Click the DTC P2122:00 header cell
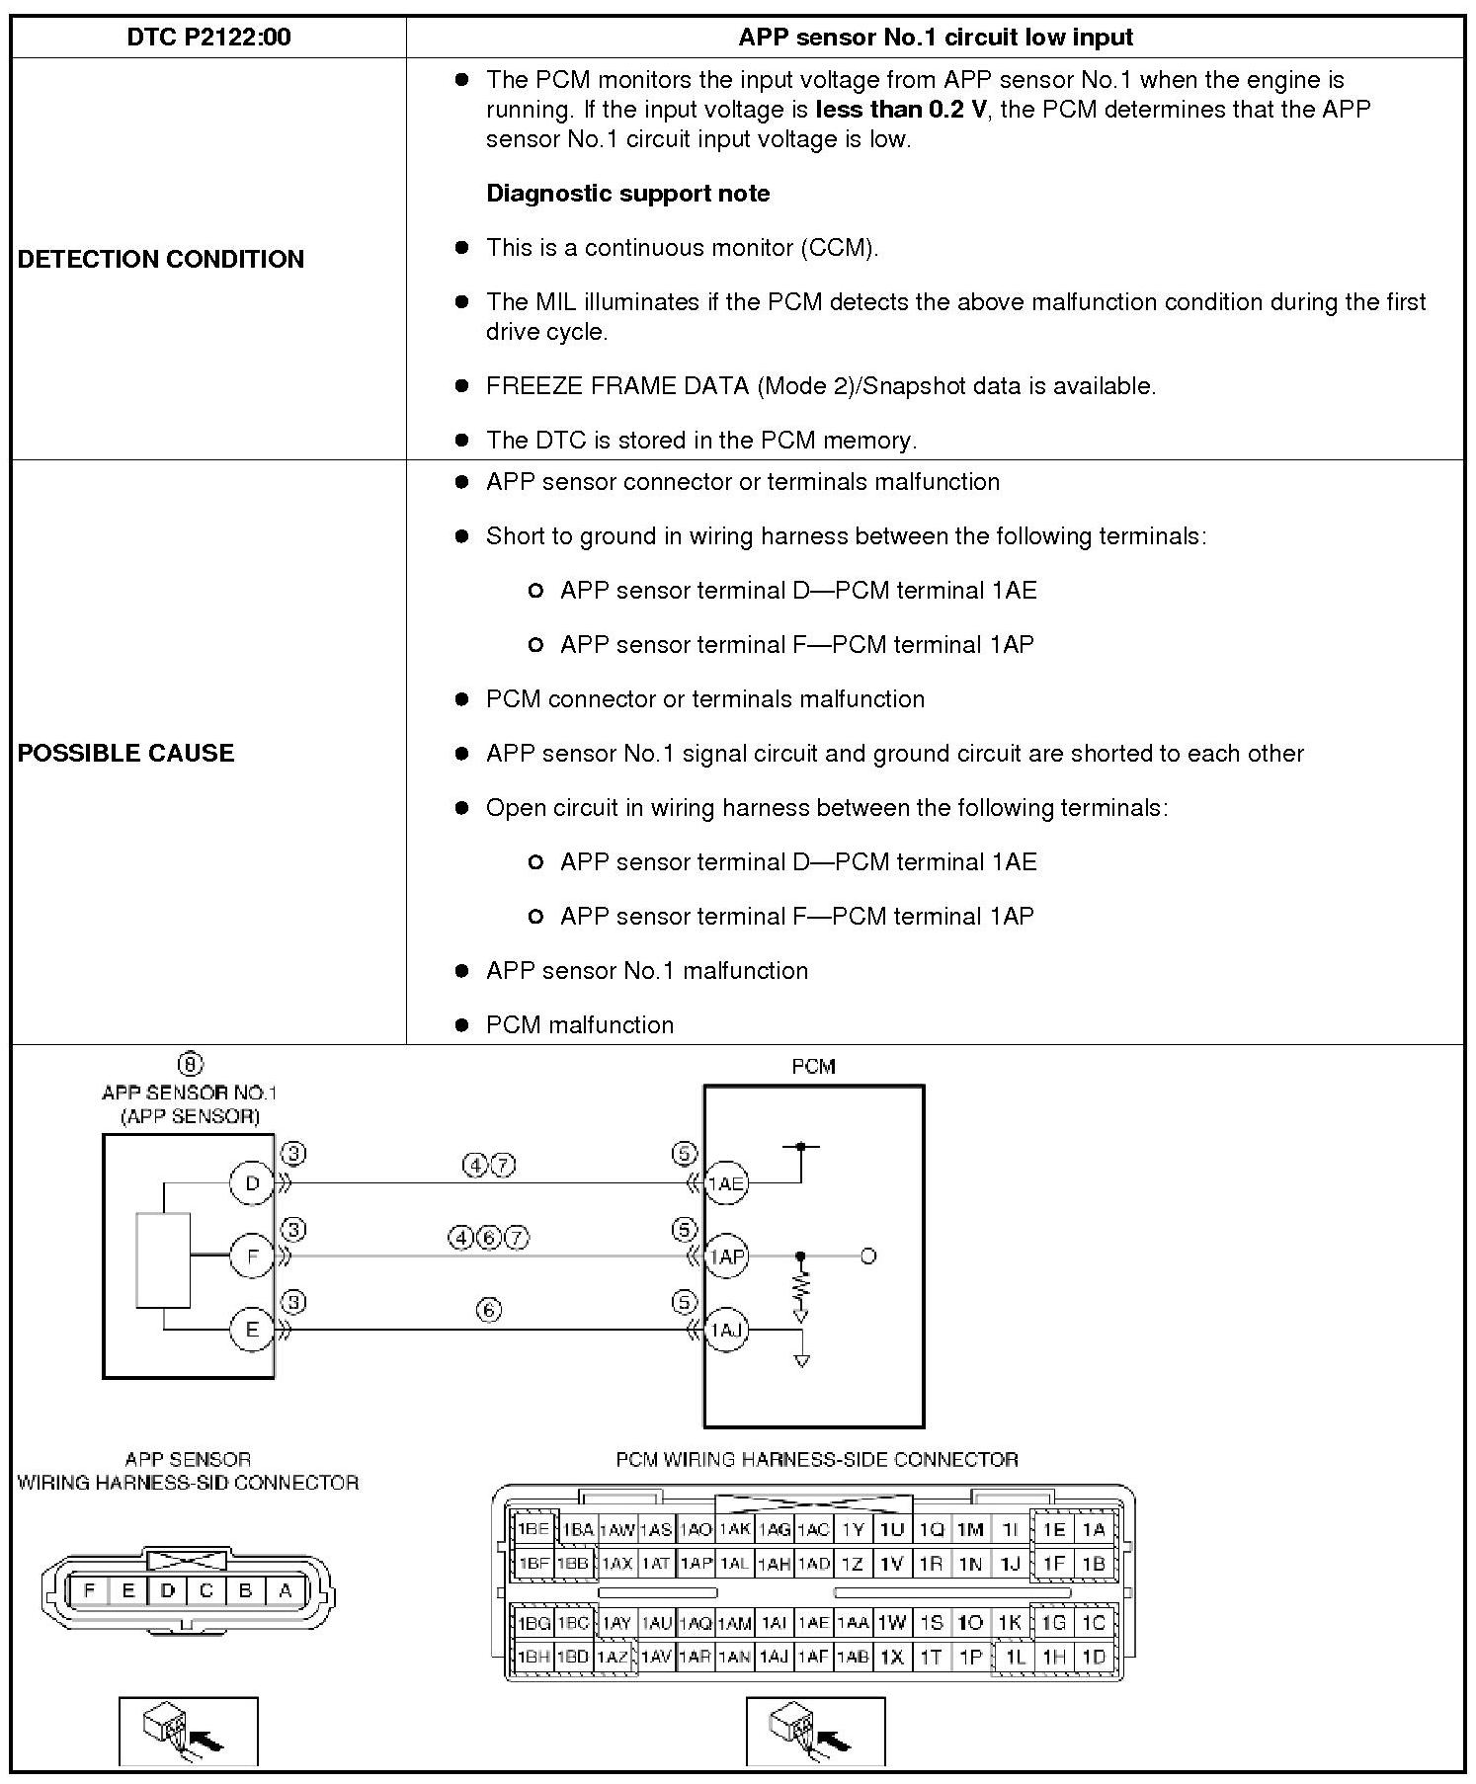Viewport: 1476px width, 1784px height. point(208,38)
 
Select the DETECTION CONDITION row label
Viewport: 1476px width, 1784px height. point(161,259)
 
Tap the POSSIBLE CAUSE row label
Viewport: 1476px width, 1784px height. point(126,753)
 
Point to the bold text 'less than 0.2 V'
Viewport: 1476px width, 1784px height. point(900,109)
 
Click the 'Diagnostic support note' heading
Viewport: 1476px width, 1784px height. point(627,194)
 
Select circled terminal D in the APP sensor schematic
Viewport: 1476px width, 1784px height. point(251,1182)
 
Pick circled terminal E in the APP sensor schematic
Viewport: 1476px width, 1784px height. point(251,1330)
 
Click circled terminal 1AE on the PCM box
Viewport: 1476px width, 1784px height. point(726,1182)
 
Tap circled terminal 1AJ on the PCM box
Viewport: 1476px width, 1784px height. point(726,1330)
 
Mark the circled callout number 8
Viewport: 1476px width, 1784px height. point(190,1064)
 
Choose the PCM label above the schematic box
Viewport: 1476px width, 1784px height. point(813,1067)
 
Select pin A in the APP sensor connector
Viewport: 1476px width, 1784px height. point(286,1591)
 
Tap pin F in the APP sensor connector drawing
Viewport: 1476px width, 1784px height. point(90,1591)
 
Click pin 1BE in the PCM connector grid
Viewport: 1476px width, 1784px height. point(533,1530)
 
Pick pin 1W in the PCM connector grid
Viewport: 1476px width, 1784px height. point(891,1623)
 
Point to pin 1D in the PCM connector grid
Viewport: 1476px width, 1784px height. point(1093,1657)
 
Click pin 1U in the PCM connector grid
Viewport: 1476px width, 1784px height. point(891,1530)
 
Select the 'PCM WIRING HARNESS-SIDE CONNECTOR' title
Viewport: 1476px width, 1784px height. point(816,1459)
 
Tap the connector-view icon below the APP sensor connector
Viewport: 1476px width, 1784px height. point(188,1731)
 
